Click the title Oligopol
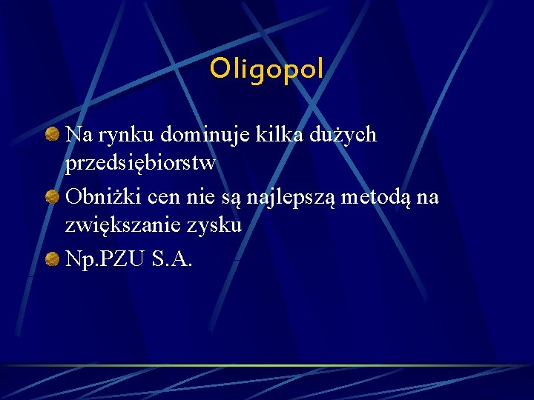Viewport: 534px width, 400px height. [x=266, y=70]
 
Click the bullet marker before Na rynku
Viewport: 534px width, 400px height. [x=53, y=135]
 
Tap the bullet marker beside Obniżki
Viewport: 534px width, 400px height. [x=53, y=197]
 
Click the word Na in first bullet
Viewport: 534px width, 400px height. [x=76, y=135]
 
